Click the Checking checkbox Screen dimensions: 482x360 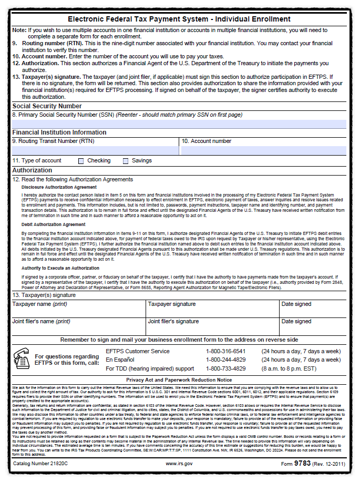(x=81, y=161)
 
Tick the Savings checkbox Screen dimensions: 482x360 (x=126, y=161)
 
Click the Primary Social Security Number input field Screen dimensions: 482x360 (x=179, y=124)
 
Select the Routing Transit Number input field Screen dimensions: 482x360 (x=95, y=150)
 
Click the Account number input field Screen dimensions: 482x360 (x=263, y=150)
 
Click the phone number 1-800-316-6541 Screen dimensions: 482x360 (x=226, y=351)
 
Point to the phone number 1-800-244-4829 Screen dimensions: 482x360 (x=226, y=360)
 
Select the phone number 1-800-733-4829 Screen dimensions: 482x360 (x=226, y=368)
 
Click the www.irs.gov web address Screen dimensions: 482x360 (x=179, y=464)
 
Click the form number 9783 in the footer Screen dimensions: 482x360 (x=303, y=464)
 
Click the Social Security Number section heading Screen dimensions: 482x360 (x=47, y=106)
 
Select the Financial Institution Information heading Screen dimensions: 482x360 (x=59, y=132)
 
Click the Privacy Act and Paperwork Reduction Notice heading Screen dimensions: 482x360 (x=179, y=380)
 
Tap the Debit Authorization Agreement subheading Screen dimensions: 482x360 (x=54, y=224)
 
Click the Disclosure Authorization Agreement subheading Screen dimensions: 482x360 (x=59, y=187)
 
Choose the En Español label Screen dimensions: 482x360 (x=120, y=360)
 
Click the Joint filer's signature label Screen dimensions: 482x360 (x=173, y=321)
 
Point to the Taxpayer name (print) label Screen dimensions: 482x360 (x=39, y=304)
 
